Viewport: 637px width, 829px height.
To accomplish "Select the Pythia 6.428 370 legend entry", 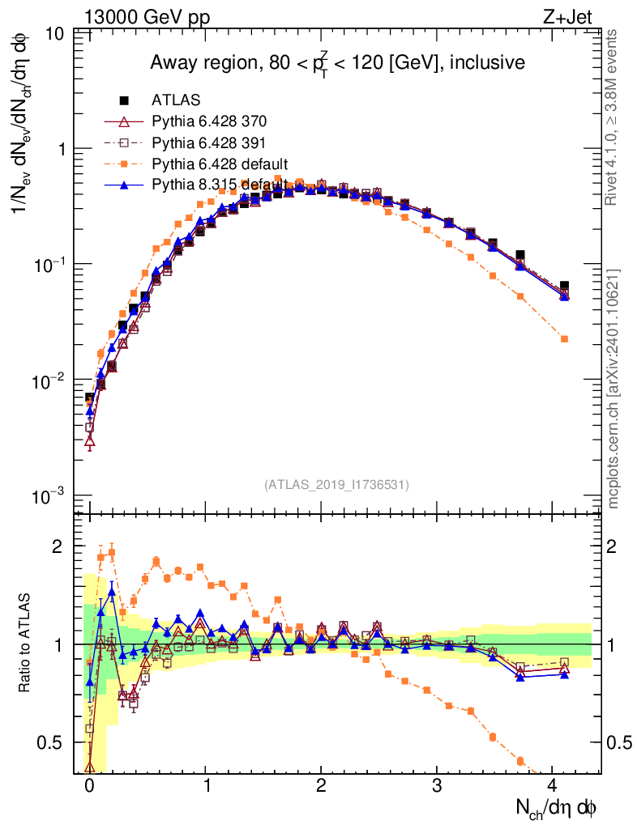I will [x=209, y=121].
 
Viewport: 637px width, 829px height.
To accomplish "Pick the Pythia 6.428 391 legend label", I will [x=209, y=142].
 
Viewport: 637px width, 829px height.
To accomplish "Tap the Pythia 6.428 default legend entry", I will [x=220, y=164].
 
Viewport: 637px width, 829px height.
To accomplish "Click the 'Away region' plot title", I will [x=337, y=62].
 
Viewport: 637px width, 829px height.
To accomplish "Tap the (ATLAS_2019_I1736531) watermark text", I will [x=336, y=485].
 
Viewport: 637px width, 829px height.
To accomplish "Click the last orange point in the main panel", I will [x=564, y=338].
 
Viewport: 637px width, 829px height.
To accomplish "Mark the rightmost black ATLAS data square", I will [x=564, y=286].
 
